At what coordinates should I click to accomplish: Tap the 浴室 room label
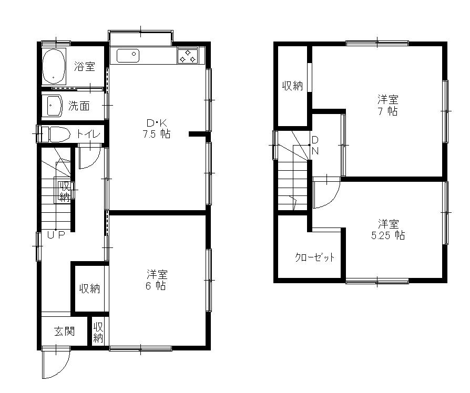tap(85, 66)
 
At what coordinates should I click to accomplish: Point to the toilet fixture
tap(55, 134)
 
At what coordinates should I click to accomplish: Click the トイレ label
tap(88, 134)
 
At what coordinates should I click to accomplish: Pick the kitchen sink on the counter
tap(128, 56)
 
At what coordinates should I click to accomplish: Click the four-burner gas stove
tap(188, 56)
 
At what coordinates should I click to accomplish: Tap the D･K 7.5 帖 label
tap(156, 129)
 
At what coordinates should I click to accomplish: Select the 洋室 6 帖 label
tap(156, 280)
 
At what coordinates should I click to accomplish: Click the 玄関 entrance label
tap(65, 332)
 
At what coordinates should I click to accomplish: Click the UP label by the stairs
tap(56, 235)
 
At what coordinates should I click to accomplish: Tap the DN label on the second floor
tap(315, 146)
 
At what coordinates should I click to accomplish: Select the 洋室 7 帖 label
tap(388, 105)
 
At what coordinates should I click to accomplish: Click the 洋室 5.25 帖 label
tap(388, 230)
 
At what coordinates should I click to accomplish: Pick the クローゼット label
tap(315, 257)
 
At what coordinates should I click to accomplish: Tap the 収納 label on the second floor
tap(292, 86)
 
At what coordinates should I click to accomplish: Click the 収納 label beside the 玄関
tap(98, 333)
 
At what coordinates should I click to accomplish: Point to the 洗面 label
tap(79, 106)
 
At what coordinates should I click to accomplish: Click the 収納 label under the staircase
tap(65, 191)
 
